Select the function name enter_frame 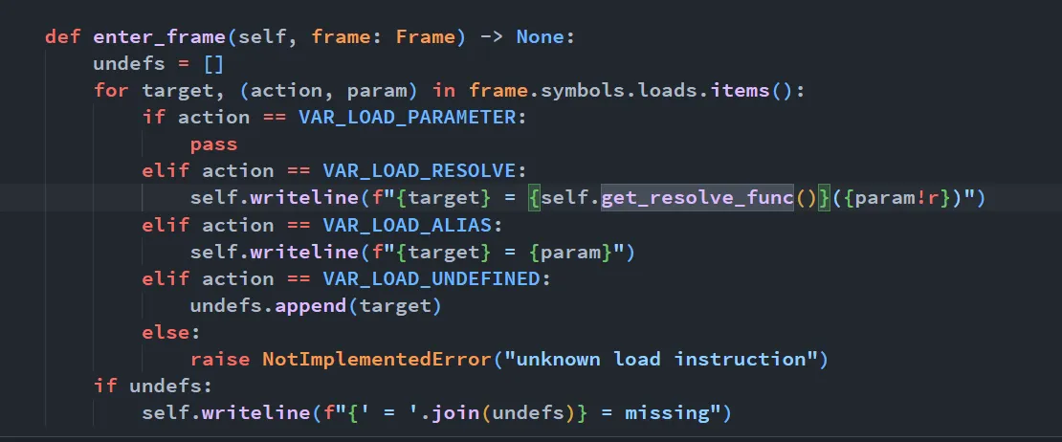(x=159, y=37)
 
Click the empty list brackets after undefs (x=213, y=64)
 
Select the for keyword (x=111, y=91)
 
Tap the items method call (x=741, y=91)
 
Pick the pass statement (x=213, y=144)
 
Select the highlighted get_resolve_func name (x=697, y=198)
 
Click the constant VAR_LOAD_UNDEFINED (x=432, y=279)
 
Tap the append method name (x=311, y=306)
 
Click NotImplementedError (x=377, y=360)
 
